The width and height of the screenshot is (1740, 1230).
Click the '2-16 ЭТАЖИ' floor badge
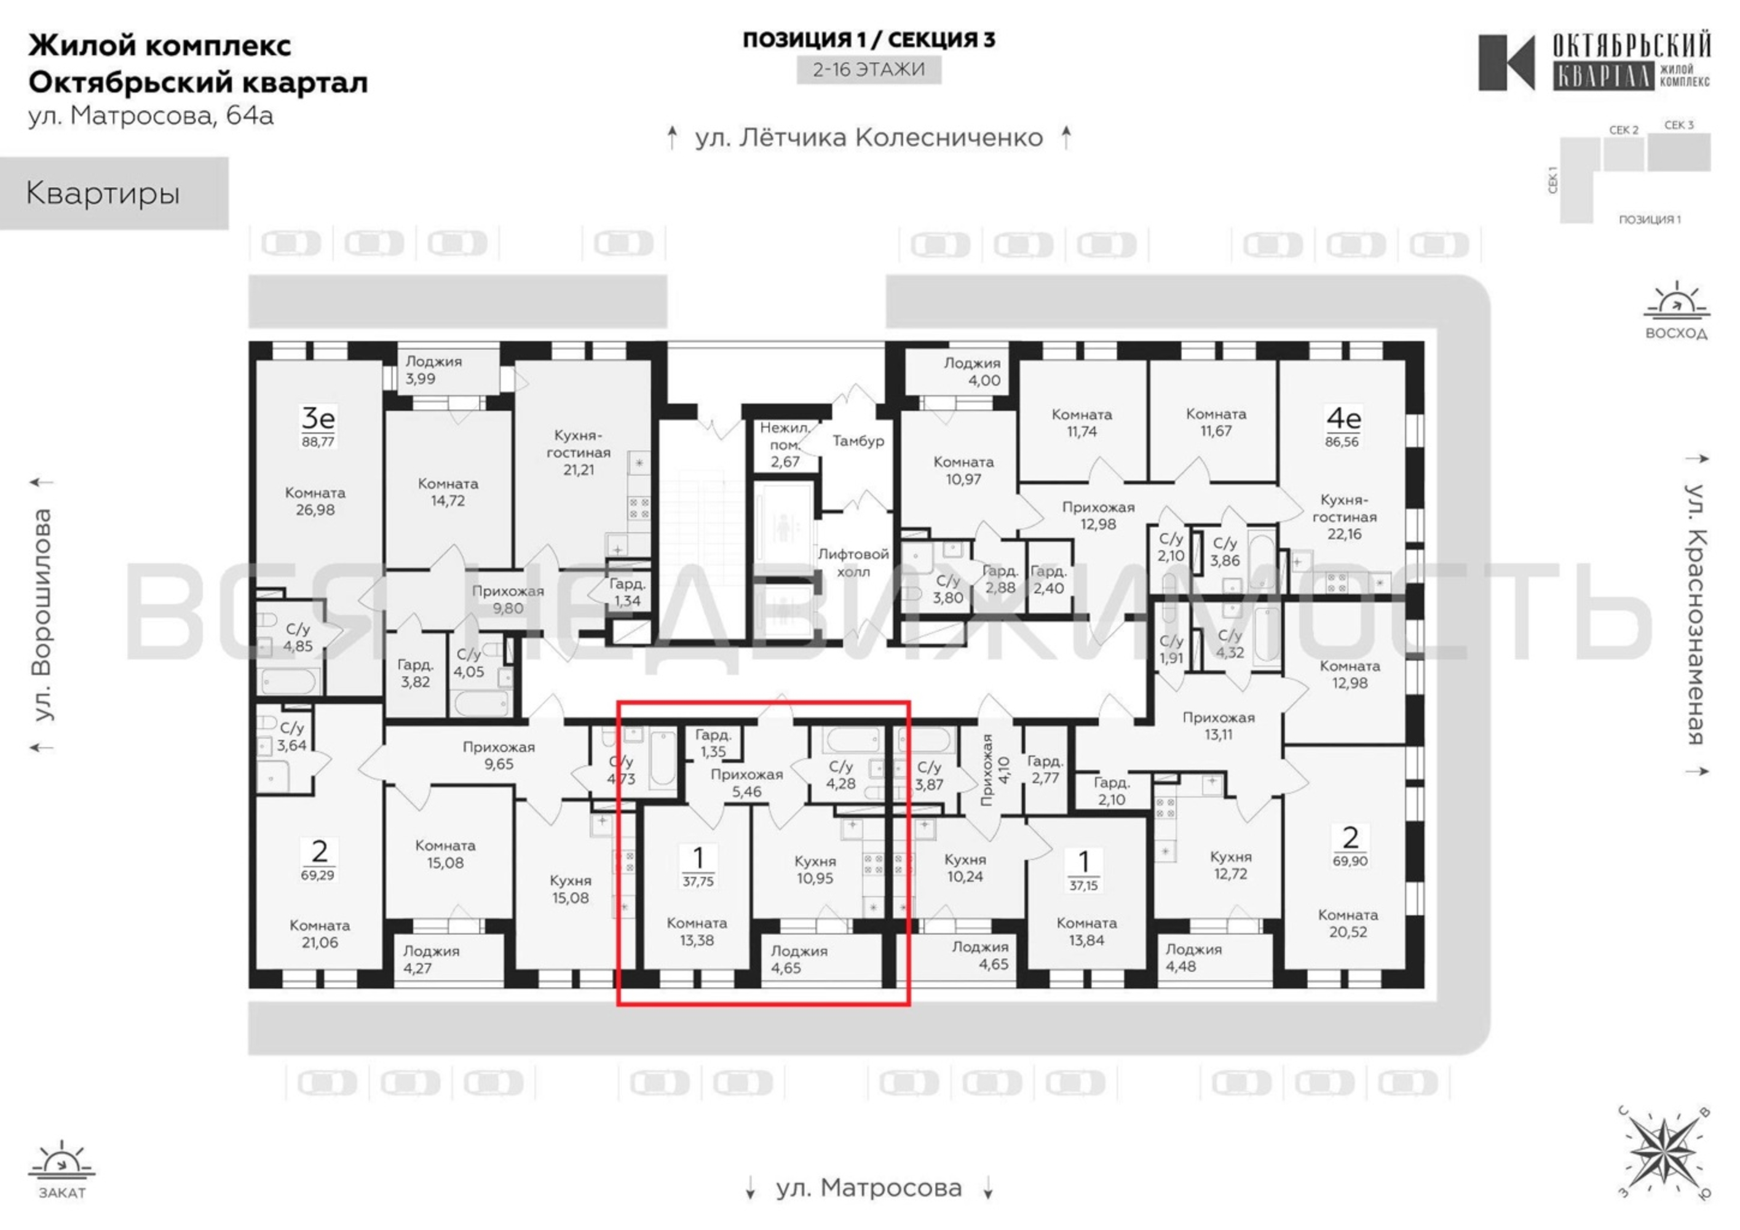(869, 69)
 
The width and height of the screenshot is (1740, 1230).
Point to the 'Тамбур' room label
(858, 440)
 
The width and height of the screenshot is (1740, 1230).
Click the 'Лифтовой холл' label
(853, 562)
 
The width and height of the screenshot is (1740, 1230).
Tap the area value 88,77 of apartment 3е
(317, 441)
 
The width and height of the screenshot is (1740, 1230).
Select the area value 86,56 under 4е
(1342, 441)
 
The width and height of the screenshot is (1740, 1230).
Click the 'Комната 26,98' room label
(315, 501)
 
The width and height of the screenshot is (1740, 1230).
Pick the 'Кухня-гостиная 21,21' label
(579, 453)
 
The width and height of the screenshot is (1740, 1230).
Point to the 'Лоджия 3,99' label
(433, 370)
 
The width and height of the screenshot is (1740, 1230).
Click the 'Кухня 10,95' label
(815, 869)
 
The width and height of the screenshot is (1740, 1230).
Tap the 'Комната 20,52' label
(1348, 923)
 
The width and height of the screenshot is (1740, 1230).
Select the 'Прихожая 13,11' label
(1219, 725)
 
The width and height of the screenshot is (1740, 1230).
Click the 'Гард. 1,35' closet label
(713, 743)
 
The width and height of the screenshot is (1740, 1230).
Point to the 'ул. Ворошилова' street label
(42, 614)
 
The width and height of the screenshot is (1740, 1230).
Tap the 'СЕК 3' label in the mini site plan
(1679, 125)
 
